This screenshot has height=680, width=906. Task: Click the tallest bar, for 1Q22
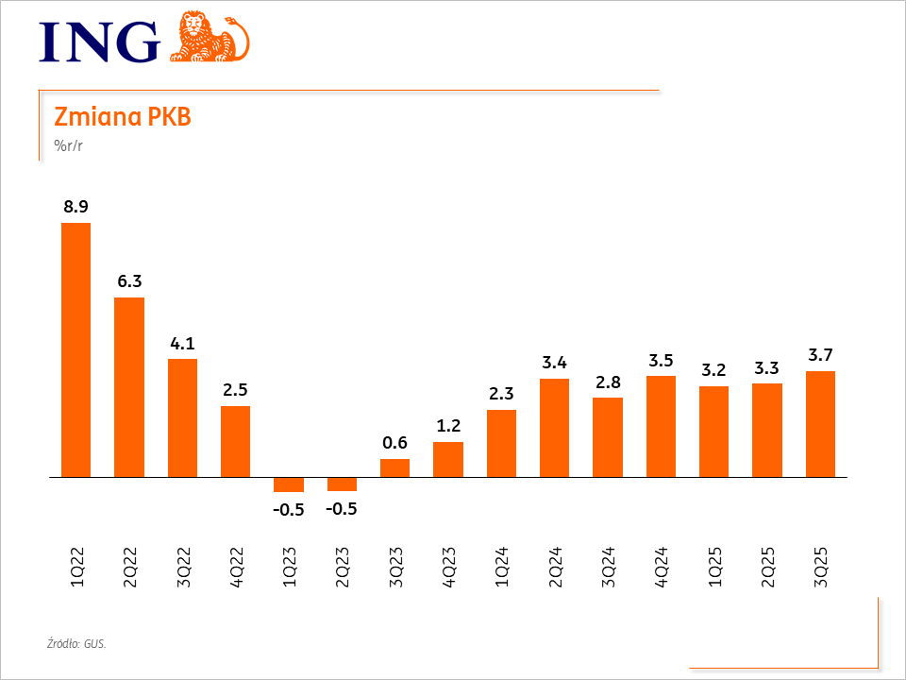click(x=75, y=349)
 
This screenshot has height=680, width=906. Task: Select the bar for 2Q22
click(x=129, y=387)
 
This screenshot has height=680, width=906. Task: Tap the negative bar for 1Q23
click(x=289, y=484)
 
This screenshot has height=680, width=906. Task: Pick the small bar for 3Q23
click(x=394, y=468)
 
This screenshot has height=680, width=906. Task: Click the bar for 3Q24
click(x=608, y=437)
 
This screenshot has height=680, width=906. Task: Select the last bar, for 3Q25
click(x=821, y=424)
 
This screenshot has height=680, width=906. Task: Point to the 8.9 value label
click(x=75, y=206)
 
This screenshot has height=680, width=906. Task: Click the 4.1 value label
click(x=182, y=343)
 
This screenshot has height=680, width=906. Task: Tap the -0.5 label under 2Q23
click(x=342, y=508)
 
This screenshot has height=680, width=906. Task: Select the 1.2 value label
click(x=448, y=426)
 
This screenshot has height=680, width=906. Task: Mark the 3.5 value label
click(x=661, y=360)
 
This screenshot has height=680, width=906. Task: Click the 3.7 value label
click(x=821, y=355)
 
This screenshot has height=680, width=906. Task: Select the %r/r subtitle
click(x=69, y=145)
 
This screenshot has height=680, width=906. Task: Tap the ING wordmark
click(x=99, y=42)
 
